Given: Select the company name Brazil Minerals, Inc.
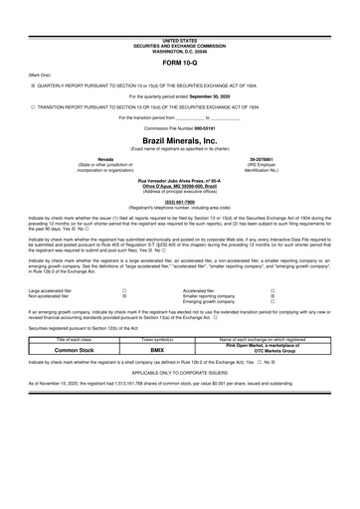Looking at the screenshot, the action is (180, 142).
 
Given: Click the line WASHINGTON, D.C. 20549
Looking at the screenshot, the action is (180, 49).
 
